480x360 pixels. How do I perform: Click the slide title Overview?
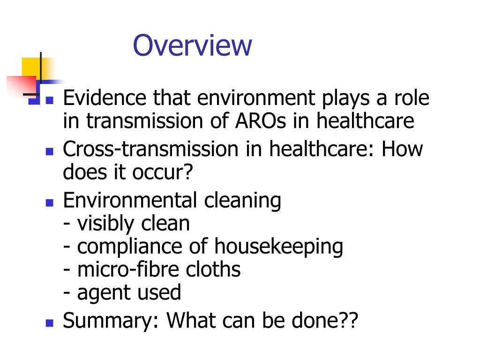[192, 45]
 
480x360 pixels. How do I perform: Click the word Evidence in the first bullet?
[97, 98]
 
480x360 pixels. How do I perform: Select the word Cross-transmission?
[150, 149]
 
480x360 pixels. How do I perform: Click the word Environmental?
[129, 201]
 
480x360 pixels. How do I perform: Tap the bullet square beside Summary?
[50, 323]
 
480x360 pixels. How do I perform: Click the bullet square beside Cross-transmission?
[50, 151]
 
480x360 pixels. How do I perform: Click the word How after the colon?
[402, 149]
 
